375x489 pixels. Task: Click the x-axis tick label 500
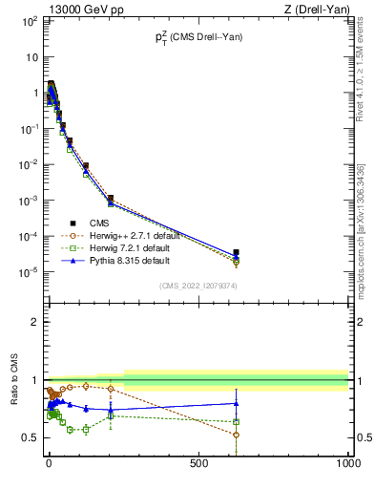point(198,463)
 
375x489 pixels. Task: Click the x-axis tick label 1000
point(347,463)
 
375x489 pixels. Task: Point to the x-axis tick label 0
point(49,463)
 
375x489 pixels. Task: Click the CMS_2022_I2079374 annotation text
point(198,285)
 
